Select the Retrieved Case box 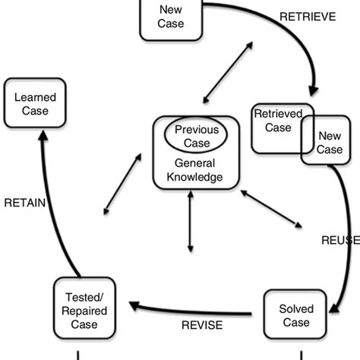276,125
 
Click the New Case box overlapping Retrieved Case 329,142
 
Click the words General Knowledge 195,170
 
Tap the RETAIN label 24,203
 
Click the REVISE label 202,325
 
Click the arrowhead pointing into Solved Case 332,309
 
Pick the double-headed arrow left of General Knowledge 122,183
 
